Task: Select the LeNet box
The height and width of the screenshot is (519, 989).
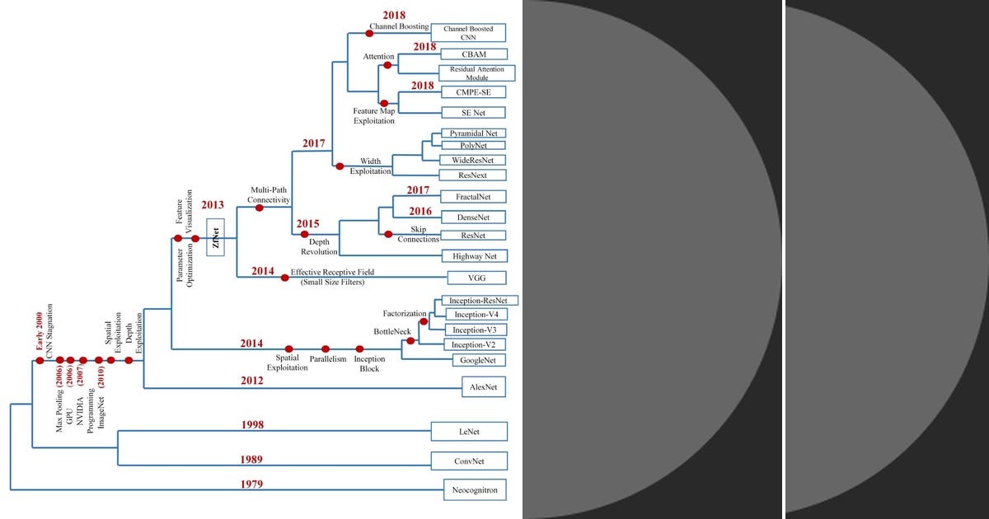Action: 469,432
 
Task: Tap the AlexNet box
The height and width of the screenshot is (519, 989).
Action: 484,386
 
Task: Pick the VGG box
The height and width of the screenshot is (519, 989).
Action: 476,278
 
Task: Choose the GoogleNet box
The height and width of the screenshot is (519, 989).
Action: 478,360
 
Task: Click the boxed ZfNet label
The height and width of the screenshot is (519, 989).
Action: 216,239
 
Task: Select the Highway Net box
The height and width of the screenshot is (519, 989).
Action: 474,256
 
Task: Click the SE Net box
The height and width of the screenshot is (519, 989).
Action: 472,112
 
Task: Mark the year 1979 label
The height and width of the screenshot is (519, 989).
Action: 252,484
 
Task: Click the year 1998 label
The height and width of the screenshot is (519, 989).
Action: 252,425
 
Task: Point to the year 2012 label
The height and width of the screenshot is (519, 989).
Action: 252,381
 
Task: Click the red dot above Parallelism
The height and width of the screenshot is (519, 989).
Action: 326,349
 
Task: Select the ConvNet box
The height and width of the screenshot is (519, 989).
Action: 469,461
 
